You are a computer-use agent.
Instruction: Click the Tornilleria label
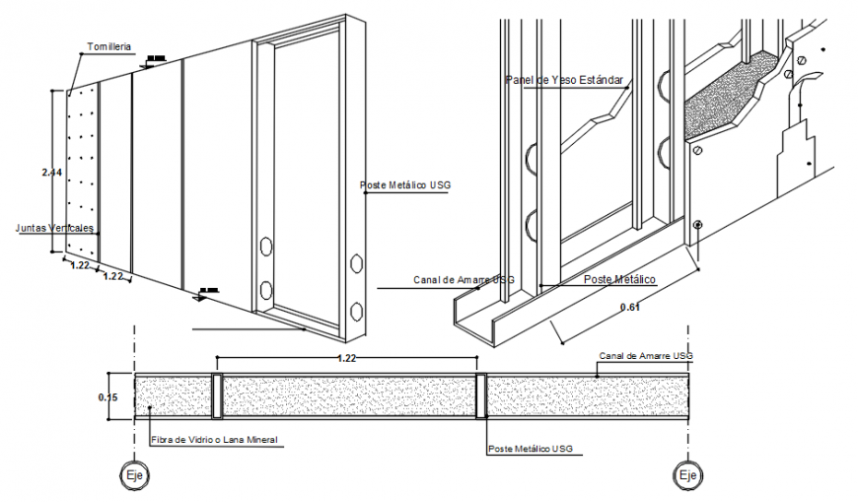pos(109,46)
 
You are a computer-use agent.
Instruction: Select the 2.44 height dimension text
pos(52,173)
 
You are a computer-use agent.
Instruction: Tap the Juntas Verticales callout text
pos(55,228)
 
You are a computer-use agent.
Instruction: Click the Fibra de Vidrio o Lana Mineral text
pos(214,439)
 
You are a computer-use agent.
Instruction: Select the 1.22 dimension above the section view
pos(346,358)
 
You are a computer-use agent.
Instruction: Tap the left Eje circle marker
pos(133,475)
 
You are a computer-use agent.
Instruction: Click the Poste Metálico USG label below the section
pos(530,449)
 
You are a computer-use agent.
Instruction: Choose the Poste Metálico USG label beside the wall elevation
pos(406,184)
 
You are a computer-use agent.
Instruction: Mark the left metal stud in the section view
pos(218,396)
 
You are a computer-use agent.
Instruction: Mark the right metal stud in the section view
pos(480,396)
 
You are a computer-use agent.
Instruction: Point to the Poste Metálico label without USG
pos(618,279)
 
